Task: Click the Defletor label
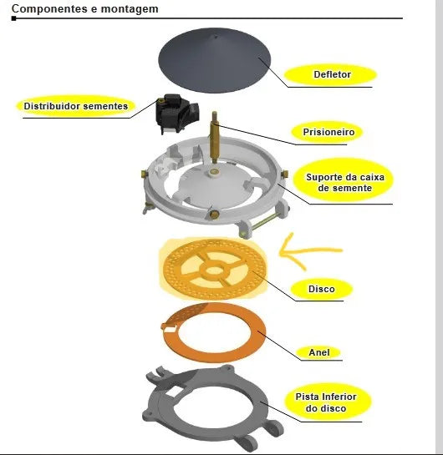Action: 332,74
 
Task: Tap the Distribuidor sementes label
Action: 76,106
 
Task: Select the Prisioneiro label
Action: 328,132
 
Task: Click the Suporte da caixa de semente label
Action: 345,183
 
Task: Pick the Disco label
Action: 322,289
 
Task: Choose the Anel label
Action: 319,352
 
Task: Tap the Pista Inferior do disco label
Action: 326,402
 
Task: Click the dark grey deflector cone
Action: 214,60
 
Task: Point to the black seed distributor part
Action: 176,113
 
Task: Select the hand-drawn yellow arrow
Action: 308,251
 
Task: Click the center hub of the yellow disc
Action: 214,270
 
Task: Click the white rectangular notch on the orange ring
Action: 170,329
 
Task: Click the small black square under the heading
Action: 13,18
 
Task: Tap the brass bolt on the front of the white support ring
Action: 214,215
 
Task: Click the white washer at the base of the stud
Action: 214,172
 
